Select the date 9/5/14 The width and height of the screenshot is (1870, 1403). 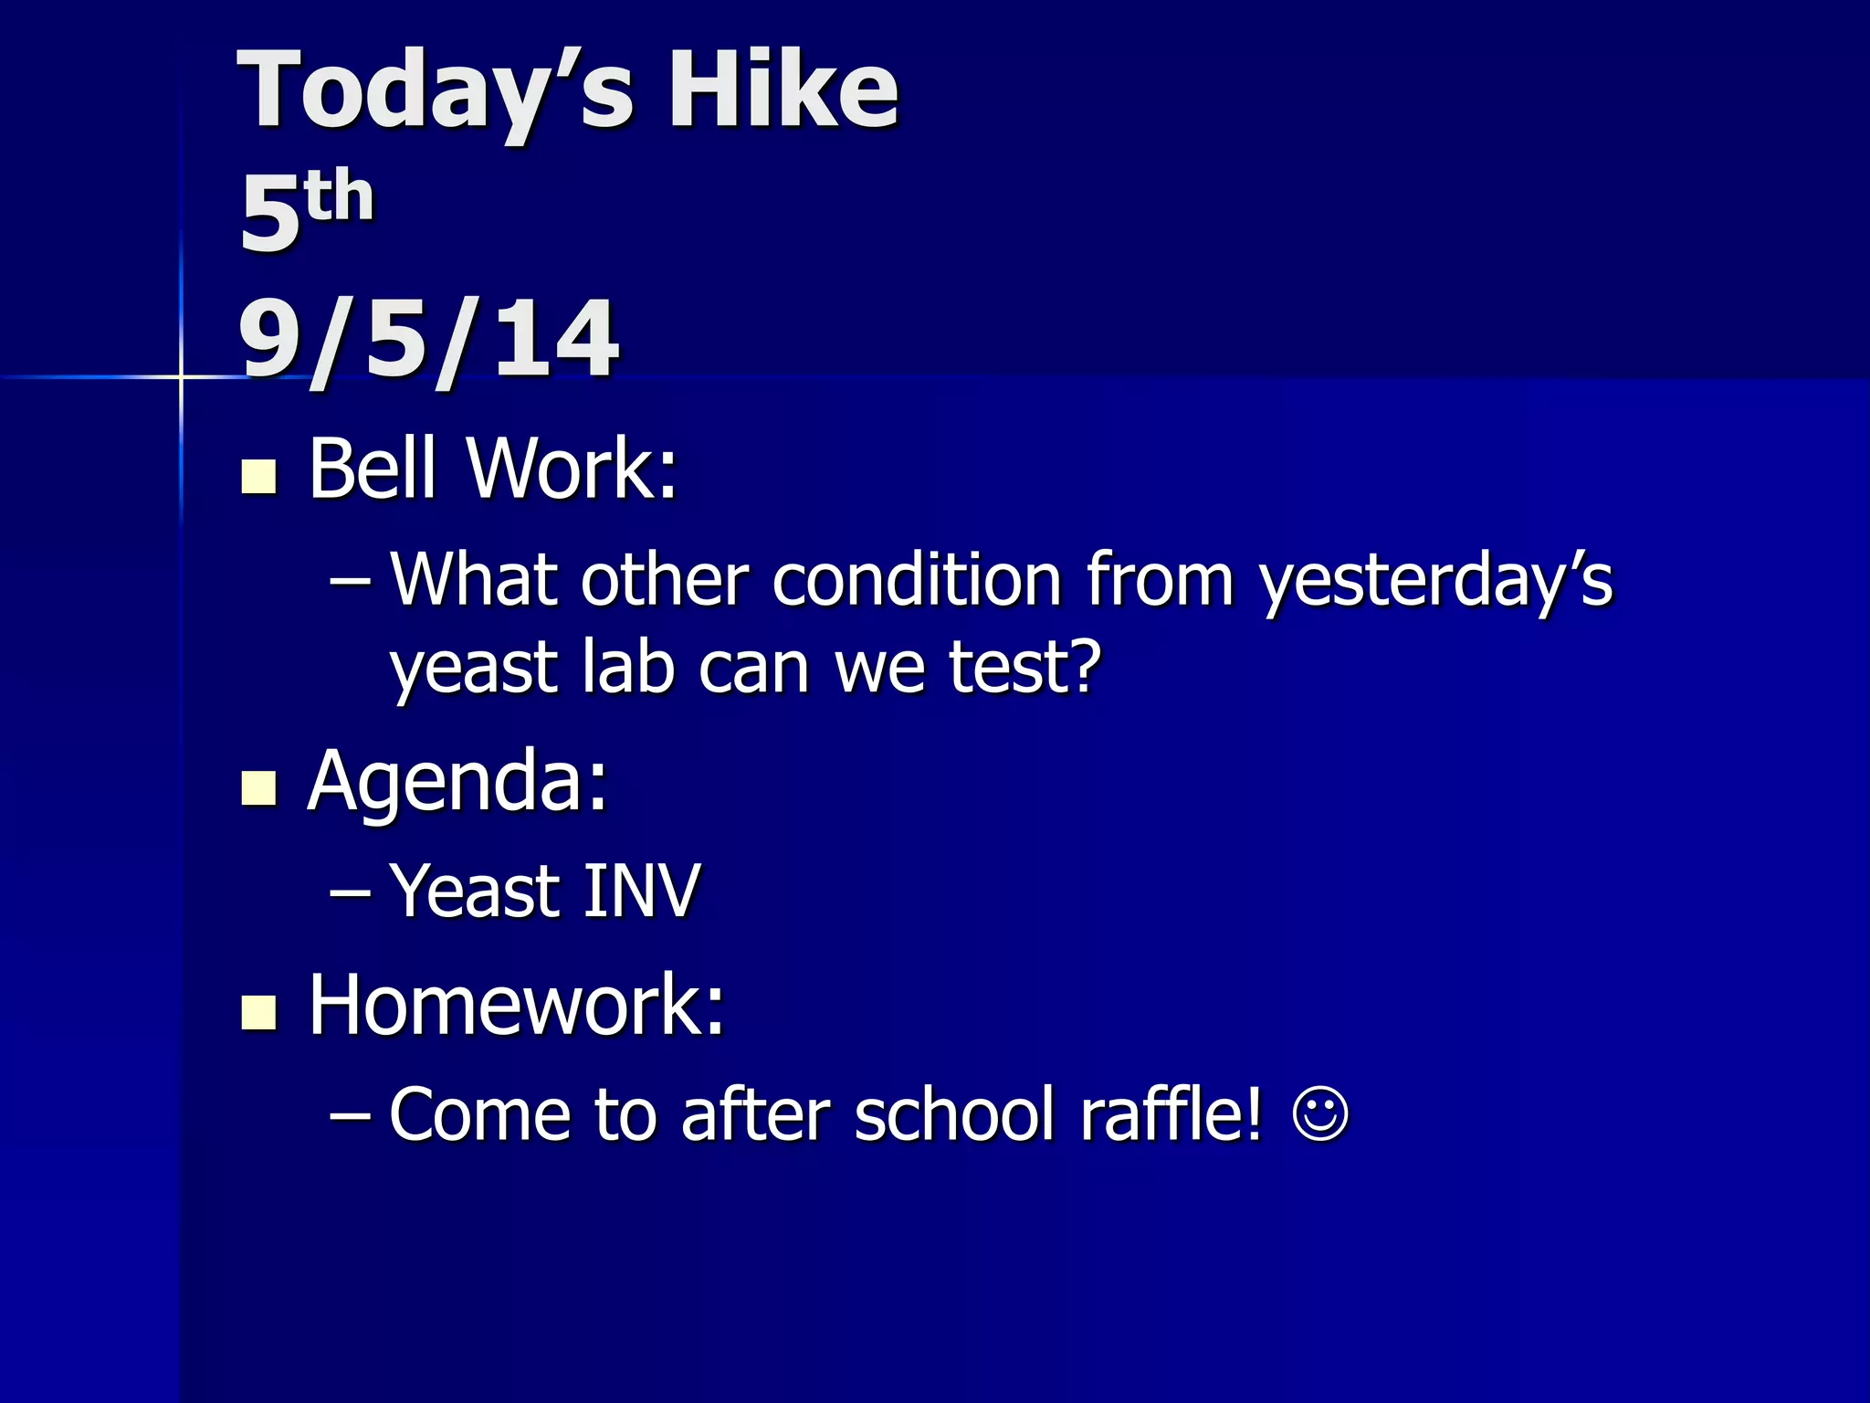427,340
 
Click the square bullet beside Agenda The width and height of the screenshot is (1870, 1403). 258,787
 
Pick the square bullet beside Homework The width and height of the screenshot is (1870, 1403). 258,1012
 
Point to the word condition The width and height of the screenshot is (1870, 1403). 917,581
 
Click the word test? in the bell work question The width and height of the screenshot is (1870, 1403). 1024,667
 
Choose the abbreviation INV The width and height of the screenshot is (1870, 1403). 641,891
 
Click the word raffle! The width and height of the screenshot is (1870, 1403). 1172,1114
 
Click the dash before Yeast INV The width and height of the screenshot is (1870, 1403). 350,893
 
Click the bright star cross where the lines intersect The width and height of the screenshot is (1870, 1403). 181,376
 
